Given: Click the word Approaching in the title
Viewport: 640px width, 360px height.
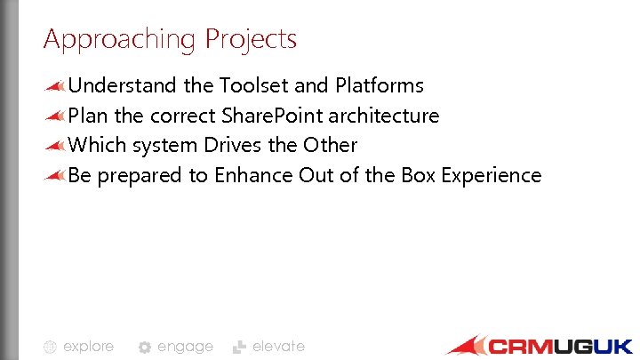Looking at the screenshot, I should click(x=120, y=40).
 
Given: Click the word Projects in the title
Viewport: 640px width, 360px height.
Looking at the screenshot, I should click(x=251, y=40).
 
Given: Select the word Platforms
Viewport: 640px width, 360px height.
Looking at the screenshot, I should click(x=380, y=85).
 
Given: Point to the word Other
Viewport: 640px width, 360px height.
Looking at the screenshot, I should click(x=330, y=145).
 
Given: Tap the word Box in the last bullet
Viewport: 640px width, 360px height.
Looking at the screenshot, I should click(x=416, y=175).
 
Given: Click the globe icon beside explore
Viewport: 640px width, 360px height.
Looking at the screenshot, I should click(x=51, y=347).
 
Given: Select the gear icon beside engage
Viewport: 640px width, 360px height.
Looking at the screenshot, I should click(x=145, y=348).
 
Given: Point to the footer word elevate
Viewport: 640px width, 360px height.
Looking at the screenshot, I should click(x=278, y=346).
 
